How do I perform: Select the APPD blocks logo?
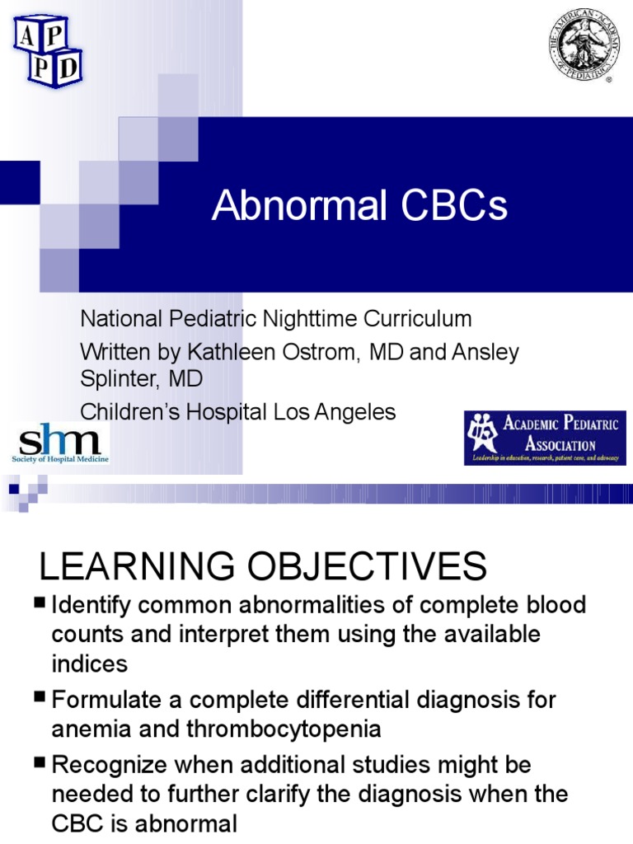[x=47, y=49]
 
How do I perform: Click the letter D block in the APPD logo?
[x=68, y=68]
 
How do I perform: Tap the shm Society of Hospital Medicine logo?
[x=59, y=443]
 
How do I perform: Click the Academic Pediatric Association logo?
[x=544, y=438]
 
